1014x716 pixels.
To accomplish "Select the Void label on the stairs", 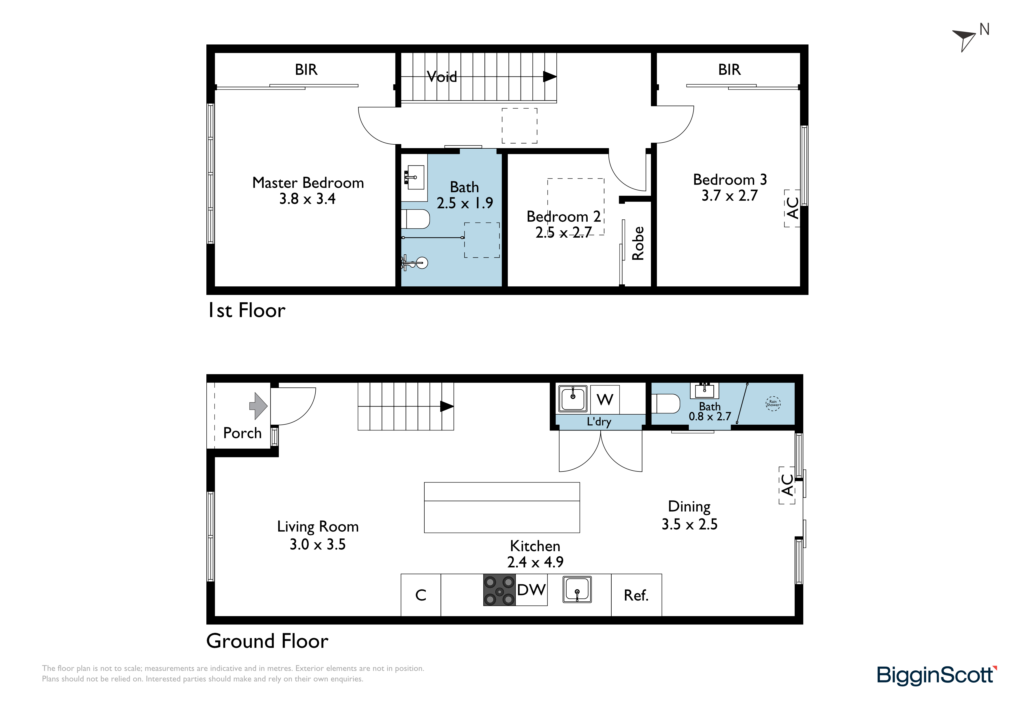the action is click(442, 77).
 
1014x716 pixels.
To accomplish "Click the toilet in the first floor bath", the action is click(415, 219).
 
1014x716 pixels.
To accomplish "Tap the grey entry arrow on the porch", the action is click(258, 406).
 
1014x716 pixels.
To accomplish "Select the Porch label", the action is click(243, 433).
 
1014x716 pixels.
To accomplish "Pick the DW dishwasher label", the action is click(531, 590).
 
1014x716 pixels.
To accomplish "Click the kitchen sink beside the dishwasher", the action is click(577, 590).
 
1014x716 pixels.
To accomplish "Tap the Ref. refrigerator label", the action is click(636, 596).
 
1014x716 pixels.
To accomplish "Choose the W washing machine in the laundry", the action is click(605, 400).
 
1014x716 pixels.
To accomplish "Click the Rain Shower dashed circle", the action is click(773, 403).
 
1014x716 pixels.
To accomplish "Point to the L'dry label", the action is click(599, 422).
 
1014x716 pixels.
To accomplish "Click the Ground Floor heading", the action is click(267, 641).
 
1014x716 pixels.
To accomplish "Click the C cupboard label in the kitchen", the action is click(421, 595).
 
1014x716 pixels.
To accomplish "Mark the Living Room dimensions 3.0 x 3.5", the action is click(318, 545).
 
